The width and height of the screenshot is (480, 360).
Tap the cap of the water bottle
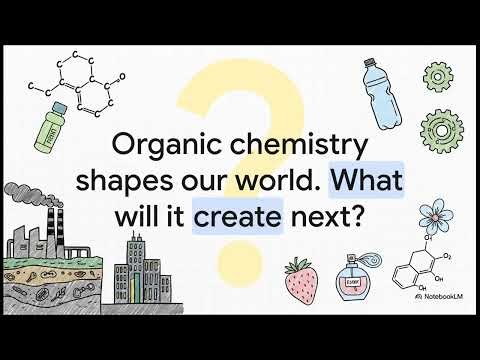click(x=367, y=64)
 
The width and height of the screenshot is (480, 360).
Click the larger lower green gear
click(x=440, y=129)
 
